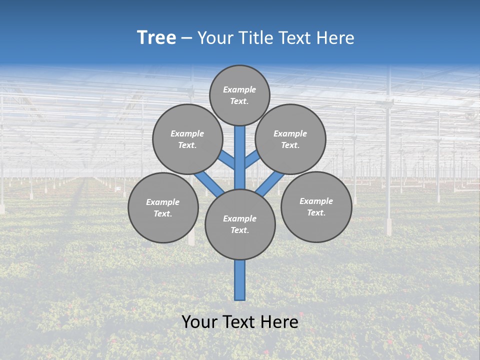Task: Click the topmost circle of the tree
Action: [239, 95]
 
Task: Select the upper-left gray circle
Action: [187, 139]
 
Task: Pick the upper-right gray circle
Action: [290, 139]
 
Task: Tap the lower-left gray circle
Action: [163, 207]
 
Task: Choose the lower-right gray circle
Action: [316, 206]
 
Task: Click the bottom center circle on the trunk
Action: [240, 224]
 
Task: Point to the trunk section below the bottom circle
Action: [240, 280]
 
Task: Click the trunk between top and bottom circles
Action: [240, 157]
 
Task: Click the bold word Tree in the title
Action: [156, 38]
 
